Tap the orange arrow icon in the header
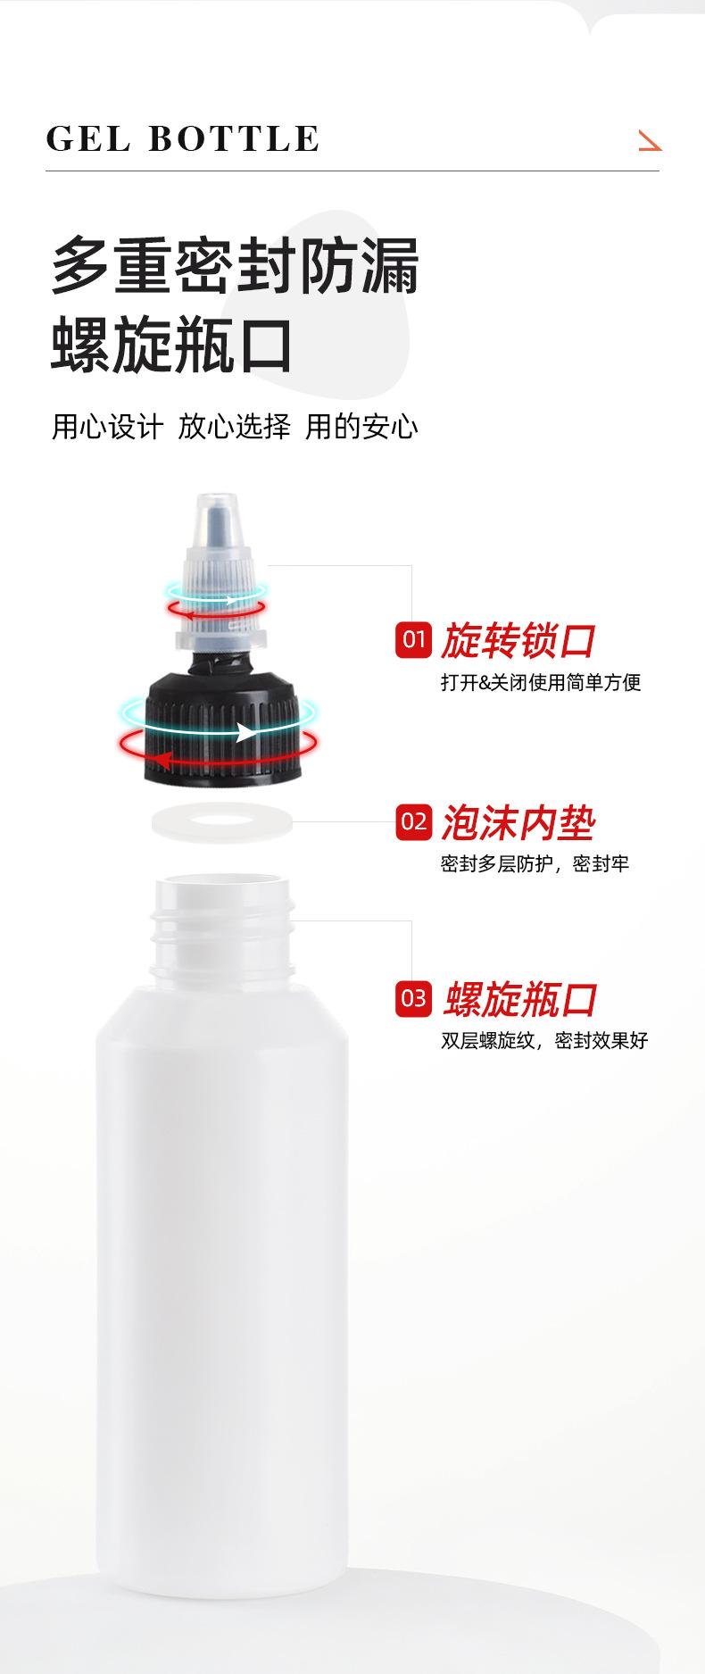650,140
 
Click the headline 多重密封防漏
235,266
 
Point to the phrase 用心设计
107,427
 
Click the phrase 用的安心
361,427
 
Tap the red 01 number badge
413,639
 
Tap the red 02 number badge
413,821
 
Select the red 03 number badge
413,998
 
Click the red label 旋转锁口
518,640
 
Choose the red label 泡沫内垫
518,822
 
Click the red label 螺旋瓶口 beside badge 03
520,999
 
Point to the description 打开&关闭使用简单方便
541,683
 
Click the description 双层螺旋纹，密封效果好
544,1040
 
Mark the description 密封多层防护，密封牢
535,864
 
